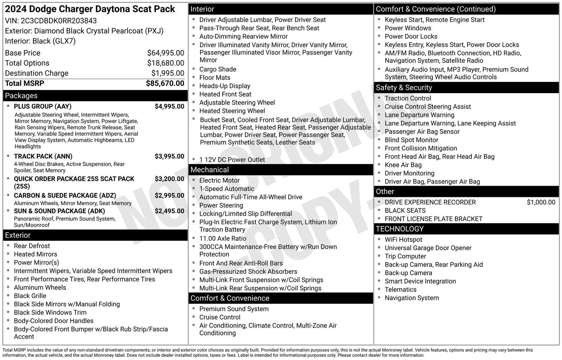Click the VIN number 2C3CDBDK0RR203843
click(59, 21)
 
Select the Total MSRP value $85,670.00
click(165, 83)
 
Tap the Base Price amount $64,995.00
click(165, 53)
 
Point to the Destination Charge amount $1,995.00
click(168, 73)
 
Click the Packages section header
click(21, 96)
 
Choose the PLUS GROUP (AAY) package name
click(43, 107)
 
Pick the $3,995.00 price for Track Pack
click(169, 156)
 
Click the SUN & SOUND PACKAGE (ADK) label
click(59, 211)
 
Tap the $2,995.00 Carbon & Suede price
click(169, 195)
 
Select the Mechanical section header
click(209, 170)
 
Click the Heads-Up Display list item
click(225, 86)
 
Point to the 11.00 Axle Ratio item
click(223, 238)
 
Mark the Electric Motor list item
click(220, 180)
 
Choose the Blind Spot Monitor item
click(411, 140)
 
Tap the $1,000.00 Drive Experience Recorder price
click(541, 202)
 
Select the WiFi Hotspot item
click(403, 239)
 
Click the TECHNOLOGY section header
click(399, 229)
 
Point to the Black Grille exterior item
click(30, 296)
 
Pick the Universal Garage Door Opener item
click(428, 248)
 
